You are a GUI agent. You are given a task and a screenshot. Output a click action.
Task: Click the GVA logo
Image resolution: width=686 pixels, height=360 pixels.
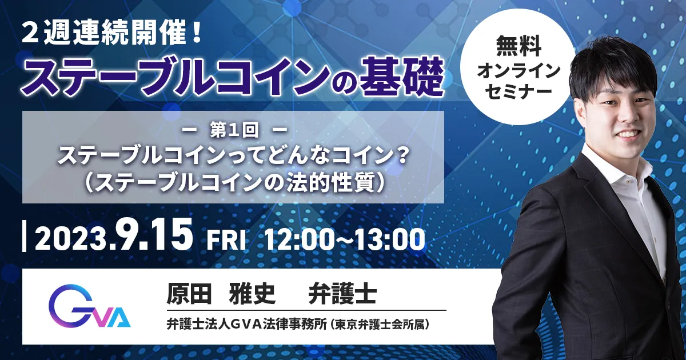click(89, 306)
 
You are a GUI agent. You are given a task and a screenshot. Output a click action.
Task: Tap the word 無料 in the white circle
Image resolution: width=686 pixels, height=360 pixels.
click(519, 46)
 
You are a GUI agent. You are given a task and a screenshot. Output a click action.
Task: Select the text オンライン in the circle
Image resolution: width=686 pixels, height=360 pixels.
click(519, 70)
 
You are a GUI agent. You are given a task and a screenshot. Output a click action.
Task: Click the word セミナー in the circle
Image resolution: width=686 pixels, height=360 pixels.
click(519, 92)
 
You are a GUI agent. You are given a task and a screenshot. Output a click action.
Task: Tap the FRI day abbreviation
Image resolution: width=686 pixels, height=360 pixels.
click(226, 241)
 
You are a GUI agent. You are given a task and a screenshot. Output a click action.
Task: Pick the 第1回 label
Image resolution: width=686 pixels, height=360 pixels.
click(234, 131)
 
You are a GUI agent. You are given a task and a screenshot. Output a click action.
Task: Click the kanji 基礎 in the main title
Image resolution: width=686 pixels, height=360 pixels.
click(401, 77)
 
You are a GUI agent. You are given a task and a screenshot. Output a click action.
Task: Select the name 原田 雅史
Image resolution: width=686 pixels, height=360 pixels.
click(221, 293)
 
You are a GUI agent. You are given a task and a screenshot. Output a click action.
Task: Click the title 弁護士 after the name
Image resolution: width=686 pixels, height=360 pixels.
click(342, 293)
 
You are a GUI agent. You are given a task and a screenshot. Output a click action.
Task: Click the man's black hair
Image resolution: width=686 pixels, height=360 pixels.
click(612, 64)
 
